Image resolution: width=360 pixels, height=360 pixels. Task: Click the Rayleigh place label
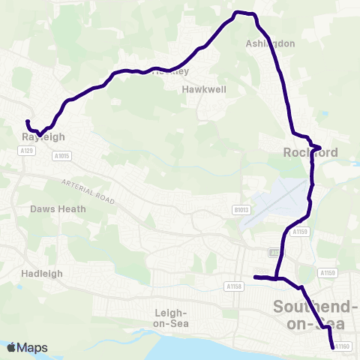(x=44, y=137)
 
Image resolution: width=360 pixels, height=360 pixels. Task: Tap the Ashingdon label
(x=271, y=43)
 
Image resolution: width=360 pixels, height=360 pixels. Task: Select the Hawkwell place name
(x=204, y=88)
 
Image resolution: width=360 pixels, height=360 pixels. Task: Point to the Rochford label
(x=310, y=152)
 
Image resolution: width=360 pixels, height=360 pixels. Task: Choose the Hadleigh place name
(x=42, y=274)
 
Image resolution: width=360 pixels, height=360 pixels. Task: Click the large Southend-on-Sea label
(x=315, y=315)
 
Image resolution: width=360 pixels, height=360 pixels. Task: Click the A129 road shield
(x=28, y=151)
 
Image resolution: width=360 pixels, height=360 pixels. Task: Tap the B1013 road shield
(x=240, y=210)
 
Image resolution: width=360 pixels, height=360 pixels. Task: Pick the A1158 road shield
(x=232, y=286)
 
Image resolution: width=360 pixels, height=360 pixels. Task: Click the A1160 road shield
(x=342, y=346)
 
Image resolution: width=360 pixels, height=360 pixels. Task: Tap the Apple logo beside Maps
(x=11, y=348)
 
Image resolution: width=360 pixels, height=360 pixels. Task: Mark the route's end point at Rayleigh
(x=28, y=121)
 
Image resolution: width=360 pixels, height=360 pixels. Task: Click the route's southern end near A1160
(x=333, y=347)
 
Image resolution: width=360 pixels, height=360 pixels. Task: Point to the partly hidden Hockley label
(x=170, y=72)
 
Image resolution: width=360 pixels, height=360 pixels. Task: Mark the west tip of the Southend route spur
(x=255, y=277)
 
